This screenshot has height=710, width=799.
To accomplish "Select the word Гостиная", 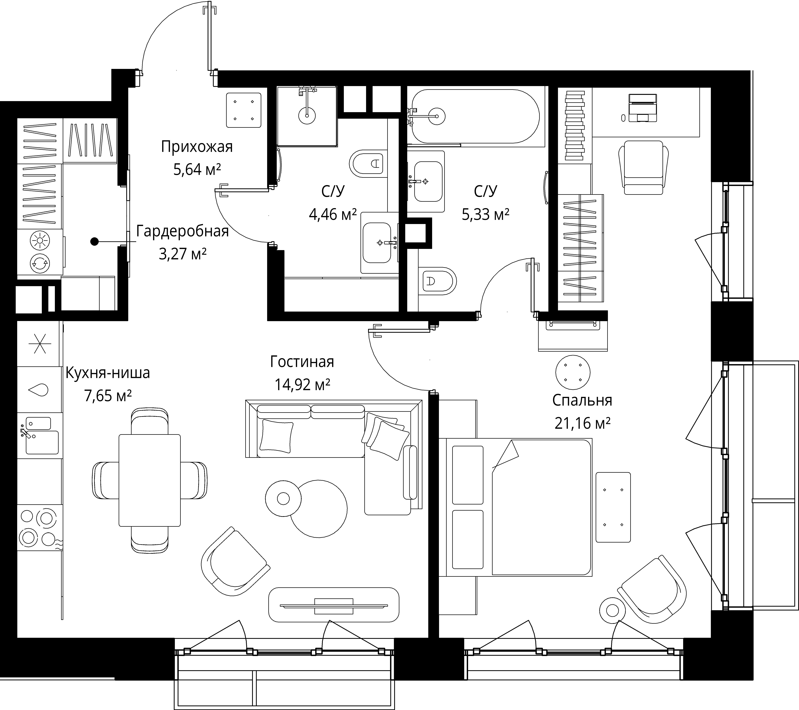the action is (x=302, y=362).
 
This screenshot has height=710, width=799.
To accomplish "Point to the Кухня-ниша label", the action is (x=107, y=373).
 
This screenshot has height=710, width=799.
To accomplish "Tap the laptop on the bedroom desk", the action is (x=643, y=108).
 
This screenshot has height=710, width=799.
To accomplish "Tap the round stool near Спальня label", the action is (x=573, y=372).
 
